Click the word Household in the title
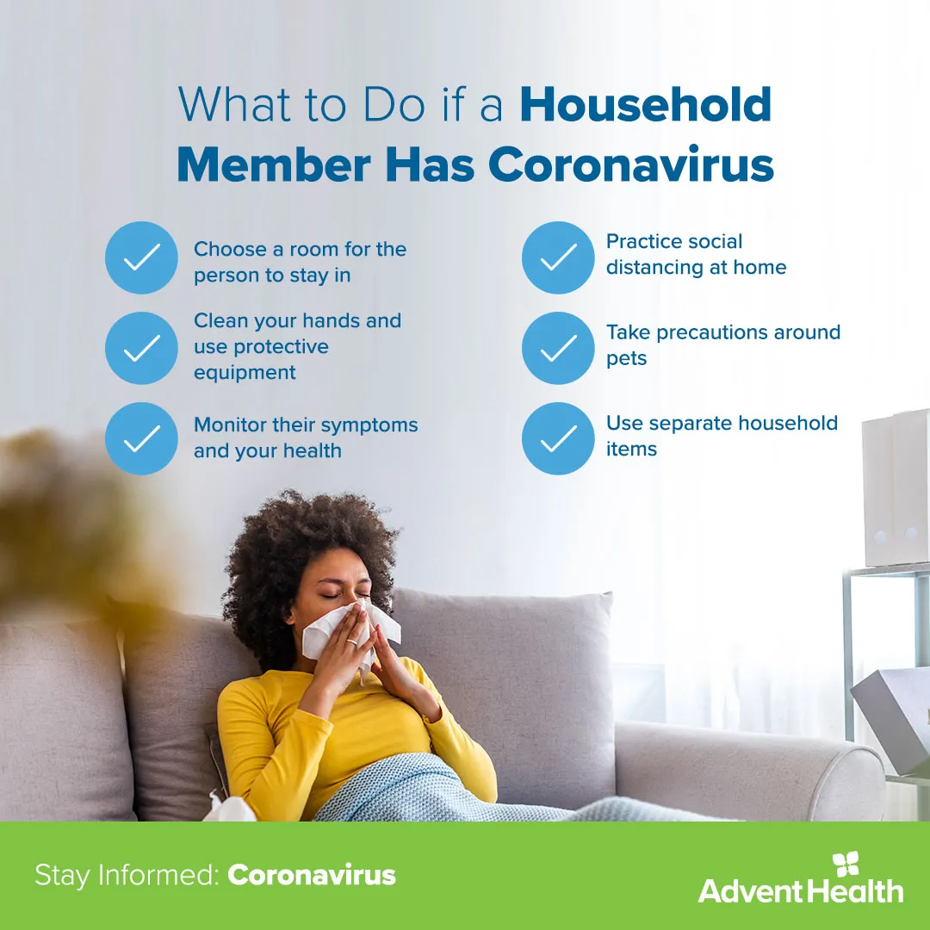click(646, 104)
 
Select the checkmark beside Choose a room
click(141, 257)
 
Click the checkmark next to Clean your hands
click(141, 348)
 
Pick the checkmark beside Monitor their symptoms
click(141, 438)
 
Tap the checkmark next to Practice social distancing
click(558, 257)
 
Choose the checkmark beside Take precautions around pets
click(558, 348)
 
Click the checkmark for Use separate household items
click(558, 438)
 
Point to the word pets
click(626, 358)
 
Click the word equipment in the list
click(245, 372)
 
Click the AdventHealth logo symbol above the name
click(846, 865)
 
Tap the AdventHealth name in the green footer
click(800, 890)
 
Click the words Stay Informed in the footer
click(126, 876)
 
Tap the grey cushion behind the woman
click(517, 663)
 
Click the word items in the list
click(631, 449)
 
